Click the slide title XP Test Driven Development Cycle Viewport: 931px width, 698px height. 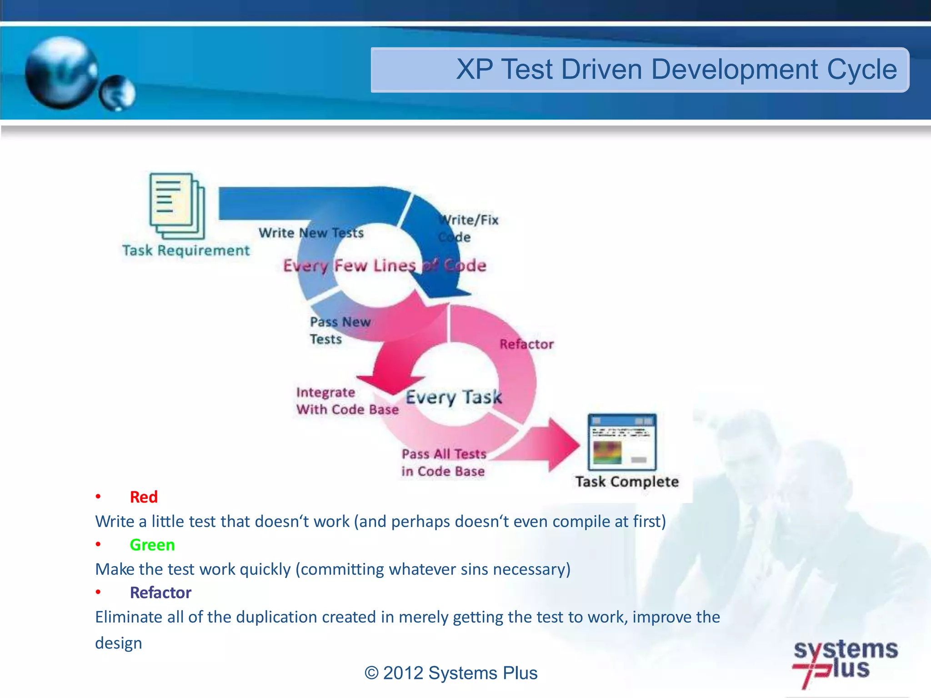676,70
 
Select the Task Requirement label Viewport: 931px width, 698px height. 186,250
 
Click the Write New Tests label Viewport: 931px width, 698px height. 311,233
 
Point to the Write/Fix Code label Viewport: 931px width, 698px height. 468,228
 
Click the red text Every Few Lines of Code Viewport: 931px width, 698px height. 385,265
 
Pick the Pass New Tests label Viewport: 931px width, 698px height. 340,330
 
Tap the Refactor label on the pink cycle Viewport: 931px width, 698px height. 526,344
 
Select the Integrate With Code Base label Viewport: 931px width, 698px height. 347,401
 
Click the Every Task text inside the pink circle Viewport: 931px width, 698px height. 454,397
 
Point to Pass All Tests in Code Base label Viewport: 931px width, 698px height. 444,463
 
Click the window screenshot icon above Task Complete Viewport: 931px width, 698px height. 622,442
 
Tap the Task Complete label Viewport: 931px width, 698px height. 627,482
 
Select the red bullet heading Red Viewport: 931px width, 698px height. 144,497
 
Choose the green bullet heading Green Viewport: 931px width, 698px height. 152,545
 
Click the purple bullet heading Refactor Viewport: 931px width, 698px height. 160,593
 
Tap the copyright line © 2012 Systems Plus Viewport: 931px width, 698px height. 451,673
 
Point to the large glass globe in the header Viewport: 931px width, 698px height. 61,73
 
